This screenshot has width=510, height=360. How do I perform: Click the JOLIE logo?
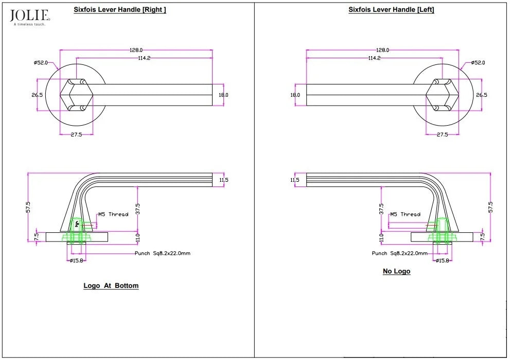pos(30,18)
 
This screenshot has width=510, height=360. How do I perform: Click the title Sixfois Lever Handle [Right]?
pos(120,9)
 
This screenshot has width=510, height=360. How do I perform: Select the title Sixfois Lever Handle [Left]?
pos(391,9)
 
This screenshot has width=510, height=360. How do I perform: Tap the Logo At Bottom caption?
pos(111,285)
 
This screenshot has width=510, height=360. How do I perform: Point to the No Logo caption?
pos(396,271)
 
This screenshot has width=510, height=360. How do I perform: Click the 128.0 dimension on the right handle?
pos(136,50)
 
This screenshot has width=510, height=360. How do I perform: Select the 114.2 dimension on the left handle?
pos(374,58)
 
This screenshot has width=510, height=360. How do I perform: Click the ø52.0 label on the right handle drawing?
pos(41,62)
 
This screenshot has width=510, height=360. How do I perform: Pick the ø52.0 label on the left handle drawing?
pos(478,62)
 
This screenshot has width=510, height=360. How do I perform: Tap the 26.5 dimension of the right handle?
pos(37,95)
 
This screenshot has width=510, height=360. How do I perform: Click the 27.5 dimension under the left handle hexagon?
pos(443,134)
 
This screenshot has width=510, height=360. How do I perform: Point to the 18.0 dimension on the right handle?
pos(223,95)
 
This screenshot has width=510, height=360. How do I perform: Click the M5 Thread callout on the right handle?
pos(114,214)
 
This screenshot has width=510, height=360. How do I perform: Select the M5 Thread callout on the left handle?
pos(405,214)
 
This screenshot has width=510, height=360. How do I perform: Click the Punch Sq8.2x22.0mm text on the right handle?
pos(163,253)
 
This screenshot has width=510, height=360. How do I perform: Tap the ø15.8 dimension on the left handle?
pos(443,261)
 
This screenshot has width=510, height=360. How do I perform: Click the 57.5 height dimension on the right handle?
pos(28,208)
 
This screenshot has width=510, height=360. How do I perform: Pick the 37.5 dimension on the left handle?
pos(381,209)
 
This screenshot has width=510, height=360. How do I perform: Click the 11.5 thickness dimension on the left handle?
pos(295,180)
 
